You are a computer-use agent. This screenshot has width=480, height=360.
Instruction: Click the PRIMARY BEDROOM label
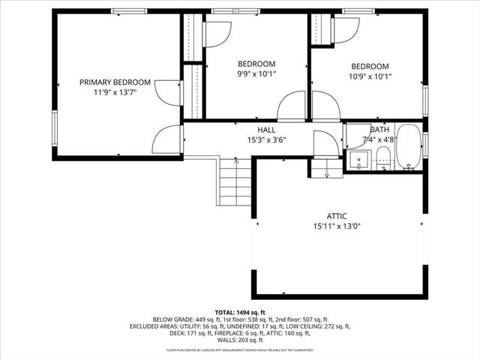click(115, 82)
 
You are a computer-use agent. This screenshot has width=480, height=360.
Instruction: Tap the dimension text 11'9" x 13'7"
click(115, 93)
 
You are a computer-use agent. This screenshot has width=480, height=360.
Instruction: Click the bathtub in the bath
click(409, 148)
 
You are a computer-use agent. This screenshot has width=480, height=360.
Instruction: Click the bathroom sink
click(358, 160)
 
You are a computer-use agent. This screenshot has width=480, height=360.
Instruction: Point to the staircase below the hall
click(235, 182)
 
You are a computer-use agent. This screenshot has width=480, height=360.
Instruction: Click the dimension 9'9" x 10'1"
click(256, 75)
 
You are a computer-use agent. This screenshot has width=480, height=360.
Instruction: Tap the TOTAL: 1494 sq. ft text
click(240, 312)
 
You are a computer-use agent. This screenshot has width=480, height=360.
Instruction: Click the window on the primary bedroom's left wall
click(54, 127)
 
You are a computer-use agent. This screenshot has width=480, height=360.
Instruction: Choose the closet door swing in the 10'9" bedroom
click(346, 30)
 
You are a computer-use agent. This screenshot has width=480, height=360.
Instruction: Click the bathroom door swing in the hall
click(325, 143)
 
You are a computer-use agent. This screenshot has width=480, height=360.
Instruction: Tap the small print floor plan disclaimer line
click(240, 349)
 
